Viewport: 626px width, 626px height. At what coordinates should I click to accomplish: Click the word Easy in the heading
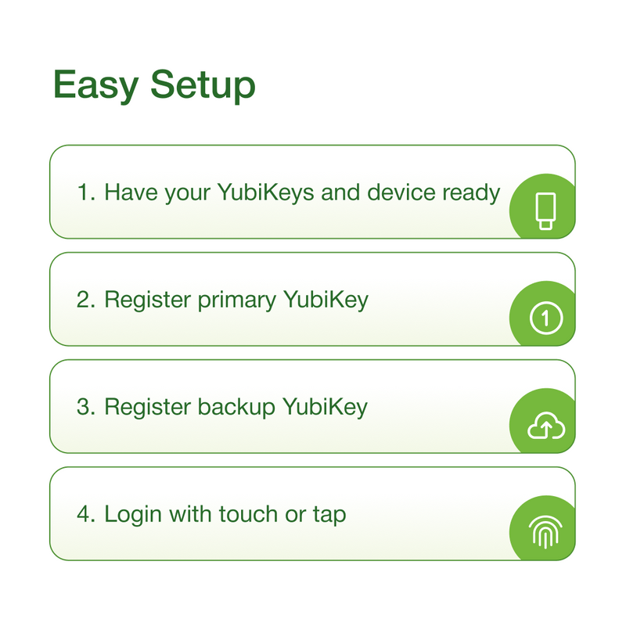95,85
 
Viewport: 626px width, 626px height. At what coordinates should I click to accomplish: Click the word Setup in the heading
203,85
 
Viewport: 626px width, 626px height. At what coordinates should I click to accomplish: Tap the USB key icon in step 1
545,211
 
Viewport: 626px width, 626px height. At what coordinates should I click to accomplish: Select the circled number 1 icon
546,318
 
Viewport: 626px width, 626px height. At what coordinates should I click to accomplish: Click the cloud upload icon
546,426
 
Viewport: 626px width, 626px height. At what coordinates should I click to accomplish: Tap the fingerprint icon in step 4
545,532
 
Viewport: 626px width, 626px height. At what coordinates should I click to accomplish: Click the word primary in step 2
237,300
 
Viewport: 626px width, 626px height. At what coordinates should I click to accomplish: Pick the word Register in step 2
148,300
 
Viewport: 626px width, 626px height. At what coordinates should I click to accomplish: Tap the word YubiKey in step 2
326,300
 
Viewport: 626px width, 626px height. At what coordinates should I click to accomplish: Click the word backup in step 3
236,407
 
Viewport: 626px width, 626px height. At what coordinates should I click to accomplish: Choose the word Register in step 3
148,407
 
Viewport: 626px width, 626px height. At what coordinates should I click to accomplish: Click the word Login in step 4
133,515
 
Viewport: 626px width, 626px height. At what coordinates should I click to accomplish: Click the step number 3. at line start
86,407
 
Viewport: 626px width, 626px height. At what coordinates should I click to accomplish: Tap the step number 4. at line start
86,514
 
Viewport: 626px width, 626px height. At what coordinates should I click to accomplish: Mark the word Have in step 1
131,192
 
